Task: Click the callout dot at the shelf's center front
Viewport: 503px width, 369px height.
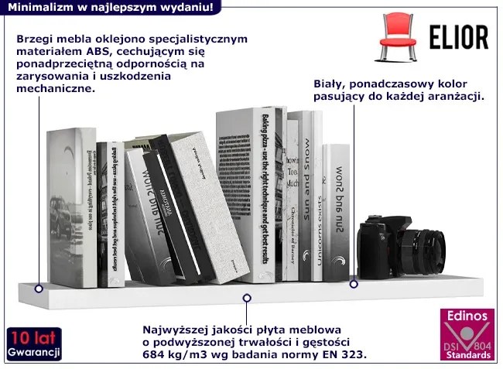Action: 247,297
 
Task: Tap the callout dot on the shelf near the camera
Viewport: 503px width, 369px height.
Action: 354,284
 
